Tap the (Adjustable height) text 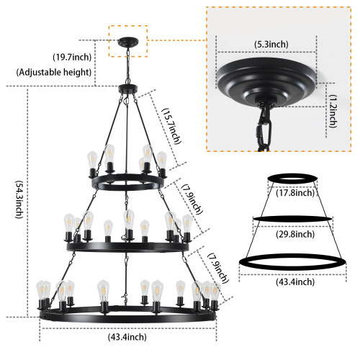(53, 72)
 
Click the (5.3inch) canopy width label (268, 45)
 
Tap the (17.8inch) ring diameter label (295, 192)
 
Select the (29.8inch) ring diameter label (295, 234)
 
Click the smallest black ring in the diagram (295, 177)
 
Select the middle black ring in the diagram (295, 217)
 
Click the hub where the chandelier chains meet (127, 90)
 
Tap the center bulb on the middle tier (128, 220)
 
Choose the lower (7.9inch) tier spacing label (220, 269)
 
